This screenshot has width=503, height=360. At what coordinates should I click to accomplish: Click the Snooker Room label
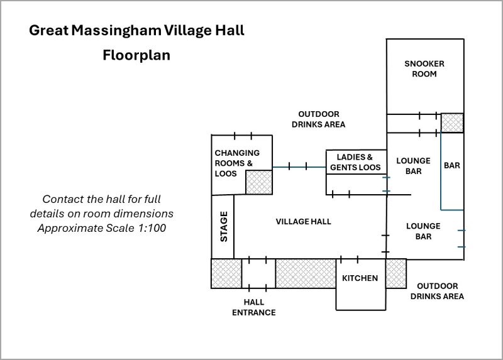tap(424, 68)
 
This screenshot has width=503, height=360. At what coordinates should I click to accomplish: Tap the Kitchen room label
tap(360, 278)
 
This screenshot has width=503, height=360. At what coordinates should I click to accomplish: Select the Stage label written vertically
tap(223, 226)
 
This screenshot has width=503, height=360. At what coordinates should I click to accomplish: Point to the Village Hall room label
tap(303, 221)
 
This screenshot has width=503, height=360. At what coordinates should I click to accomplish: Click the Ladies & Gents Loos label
tap(355, 162)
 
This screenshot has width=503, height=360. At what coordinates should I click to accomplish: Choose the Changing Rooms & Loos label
tap(237, 163)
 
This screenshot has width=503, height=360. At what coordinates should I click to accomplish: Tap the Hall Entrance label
tap(254, 307)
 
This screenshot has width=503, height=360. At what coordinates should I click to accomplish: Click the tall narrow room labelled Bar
tap(452, 166)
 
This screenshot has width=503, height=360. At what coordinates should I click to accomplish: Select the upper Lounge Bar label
tap(413, 165)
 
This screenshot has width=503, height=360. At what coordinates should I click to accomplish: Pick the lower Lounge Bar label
tap(423, 231)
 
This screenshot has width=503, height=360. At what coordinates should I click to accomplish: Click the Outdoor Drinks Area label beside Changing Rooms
tap(319, 119)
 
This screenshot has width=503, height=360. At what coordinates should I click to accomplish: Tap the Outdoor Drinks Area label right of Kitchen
tap(437, 291)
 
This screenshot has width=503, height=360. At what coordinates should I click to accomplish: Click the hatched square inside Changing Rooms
tap(258, 182)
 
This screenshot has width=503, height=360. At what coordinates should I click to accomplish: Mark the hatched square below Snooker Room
tap(452, 123)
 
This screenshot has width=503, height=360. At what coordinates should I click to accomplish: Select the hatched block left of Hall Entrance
tap(226, 273)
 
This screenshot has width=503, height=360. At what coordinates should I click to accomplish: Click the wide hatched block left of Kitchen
tap(306, 273)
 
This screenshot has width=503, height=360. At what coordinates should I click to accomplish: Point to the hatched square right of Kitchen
tap(395, 273)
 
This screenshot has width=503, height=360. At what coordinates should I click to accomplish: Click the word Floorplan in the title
tap(136, 55)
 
